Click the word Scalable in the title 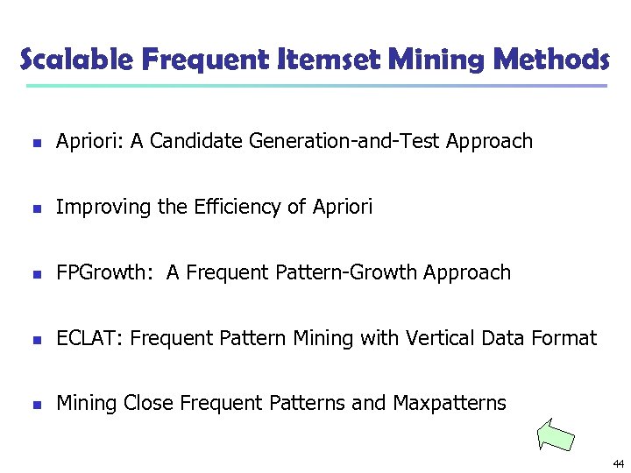click(x=75, y=60)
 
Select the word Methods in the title click(x=551, y=60)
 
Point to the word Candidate click(x=197, y=141)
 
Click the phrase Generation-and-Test click(x=344, y=141)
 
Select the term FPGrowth click(x=101, y=273)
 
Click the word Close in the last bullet click(x=148, y=403)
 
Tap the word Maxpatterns click(x=450, y=403)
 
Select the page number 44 click(x=617, y=463)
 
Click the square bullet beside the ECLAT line click(x=34, y=339)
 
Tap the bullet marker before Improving click(x=34, y=208)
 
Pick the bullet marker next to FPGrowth click(x=34, y=274)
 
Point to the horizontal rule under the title click(x=315, y=86)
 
